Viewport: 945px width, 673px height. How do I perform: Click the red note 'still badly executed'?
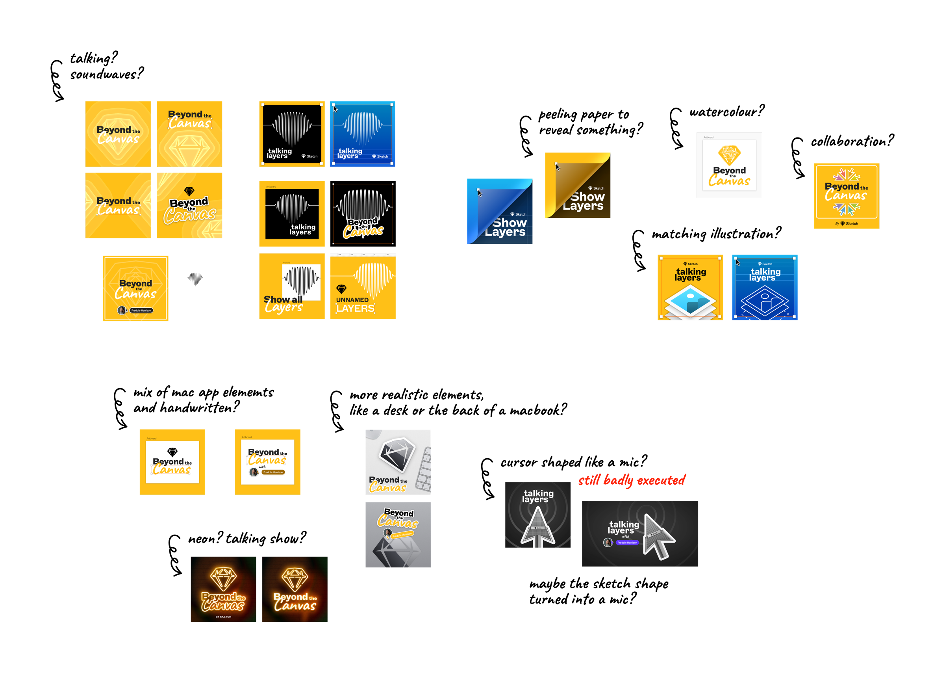pyautogui.click(x=631, y=480)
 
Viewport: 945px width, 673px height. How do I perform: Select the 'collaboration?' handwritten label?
pyautogui.click(x=852, y=141)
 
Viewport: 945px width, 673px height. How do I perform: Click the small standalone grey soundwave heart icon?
pyautogui.click(x=195, y=279)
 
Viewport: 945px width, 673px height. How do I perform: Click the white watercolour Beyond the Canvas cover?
pyautogui.click(x=729, y=165)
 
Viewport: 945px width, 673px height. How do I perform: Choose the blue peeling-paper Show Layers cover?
pyautogui.click(x=499, y=211)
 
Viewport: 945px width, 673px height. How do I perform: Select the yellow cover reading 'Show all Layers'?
pyautogui.click(x=291, y=286)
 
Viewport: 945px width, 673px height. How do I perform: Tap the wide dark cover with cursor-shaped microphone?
pyautogui.click(x=639, y=534)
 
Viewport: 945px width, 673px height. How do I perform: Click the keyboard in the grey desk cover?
pyautogui.click(x=424, y=468)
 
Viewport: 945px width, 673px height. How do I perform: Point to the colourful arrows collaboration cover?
pyautogui.click(x=846, y=195)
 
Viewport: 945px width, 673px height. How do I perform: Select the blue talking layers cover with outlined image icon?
pyautogui.click(x=764, y=287)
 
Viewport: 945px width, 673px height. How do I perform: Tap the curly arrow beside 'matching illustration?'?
pyautogui.click(x=639, y=251)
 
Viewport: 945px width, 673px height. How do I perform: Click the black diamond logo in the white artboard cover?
pyautogui.click(x=172, y=452)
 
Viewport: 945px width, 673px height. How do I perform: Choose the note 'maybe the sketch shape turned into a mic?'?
pyautogui.click(x=598, y=591)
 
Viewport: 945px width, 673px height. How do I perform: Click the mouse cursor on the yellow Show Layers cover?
pyautogui.click(x=558, y=167)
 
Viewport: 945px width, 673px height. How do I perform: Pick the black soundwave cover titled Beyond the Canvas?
pyautogui.click(x=363, y=214)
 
